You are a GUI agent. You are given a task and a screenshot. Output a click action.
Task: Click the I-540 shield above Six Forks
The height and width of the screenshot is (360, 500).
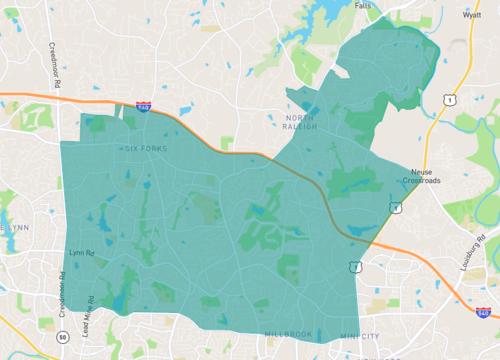pyautogui.click(x=145, y=105)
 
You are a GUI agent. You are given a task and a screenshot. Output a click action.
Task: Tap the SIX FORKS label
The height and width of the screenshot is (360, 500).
pyautogui.click(x=147, y=149)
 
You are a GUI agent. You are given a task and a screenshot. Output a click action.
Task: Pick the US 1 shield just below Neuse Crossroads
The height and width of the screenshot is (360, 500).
pyautogui.click(x=396, y=207)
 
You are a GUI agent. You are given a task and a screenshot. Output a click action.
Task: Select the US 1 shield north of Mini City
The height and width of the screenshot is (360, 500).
pyautogui.click(x=355, y=265)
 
